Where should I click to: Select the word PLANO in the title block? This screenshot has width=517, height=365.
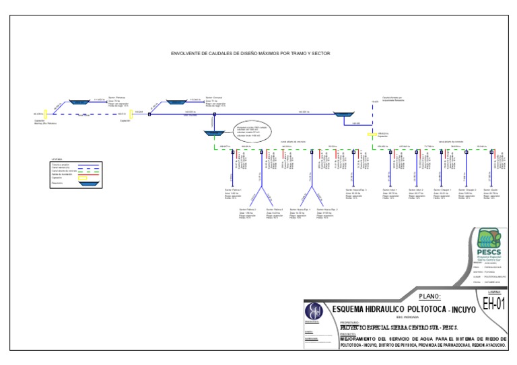[429, 296]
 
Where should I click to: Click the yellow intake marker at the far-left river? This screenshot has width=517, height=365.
[45, 115]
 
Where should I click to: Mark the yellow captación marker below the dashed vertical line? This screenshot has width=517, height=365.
[369, 135]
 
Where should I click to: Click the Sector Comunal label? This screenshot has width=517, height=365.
[214, 97]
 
